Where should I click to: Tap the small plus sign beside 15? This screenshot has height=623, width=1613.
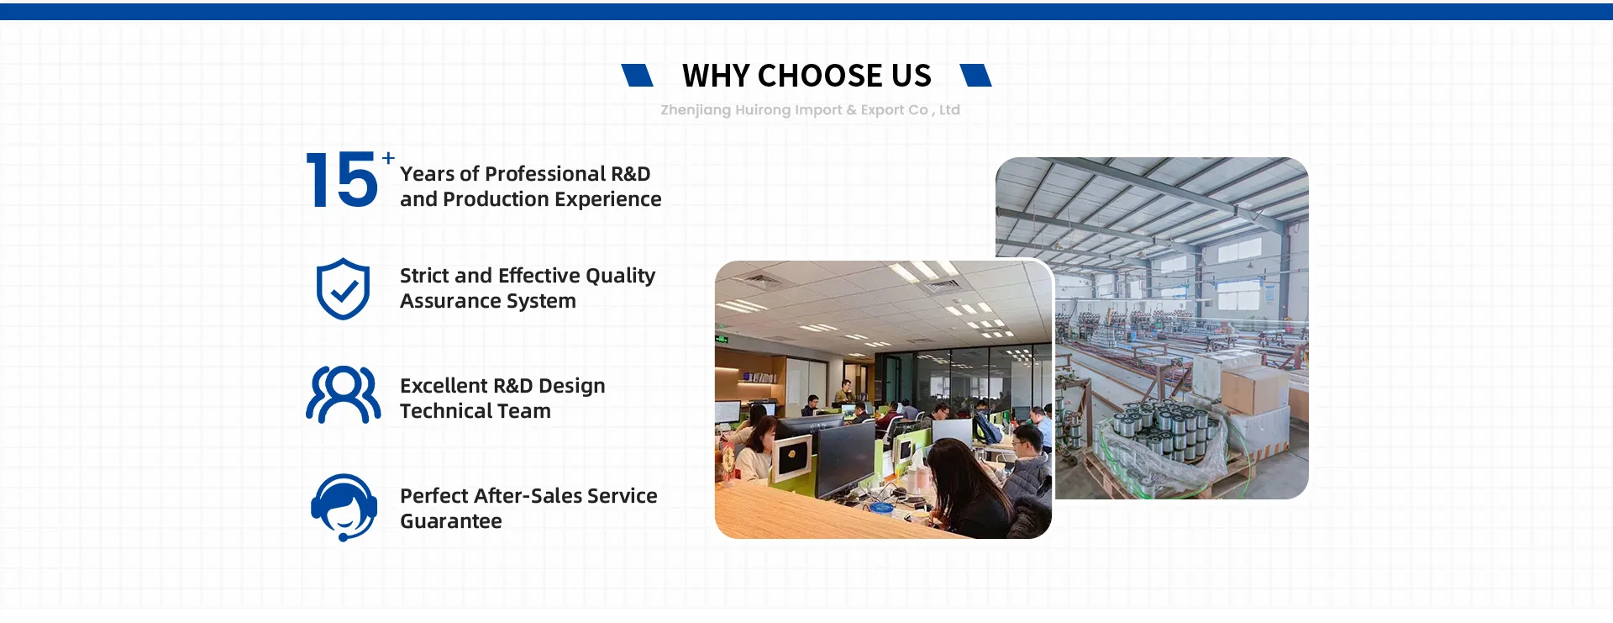click(x=388, y=158)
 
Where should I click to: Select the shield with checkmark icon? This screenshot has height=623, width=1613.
click(x=343, y=289)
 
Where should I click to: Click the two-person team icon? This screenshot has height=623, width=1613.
click(x=343, y=394)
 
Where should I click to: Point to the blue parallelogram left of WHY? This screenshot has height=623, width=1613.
click(x=637, y=75)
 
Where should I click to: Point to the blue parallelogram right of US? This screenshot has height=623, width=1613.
click(x=975, y=75)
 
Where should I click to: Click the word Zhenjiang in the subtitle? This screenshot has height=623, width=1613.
click(x=696, y=110)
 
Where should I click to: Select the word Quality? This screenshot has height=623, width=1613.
click(x=620, y=277)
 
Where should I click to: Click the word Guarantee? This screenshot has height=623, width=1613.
click(x=451, y=521)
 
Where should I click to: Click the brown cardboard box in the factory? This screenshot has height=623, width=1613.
click(x=1254, y=391)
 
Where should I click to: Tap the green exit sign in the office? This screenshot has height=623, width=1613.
click(x=722, y=340)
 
